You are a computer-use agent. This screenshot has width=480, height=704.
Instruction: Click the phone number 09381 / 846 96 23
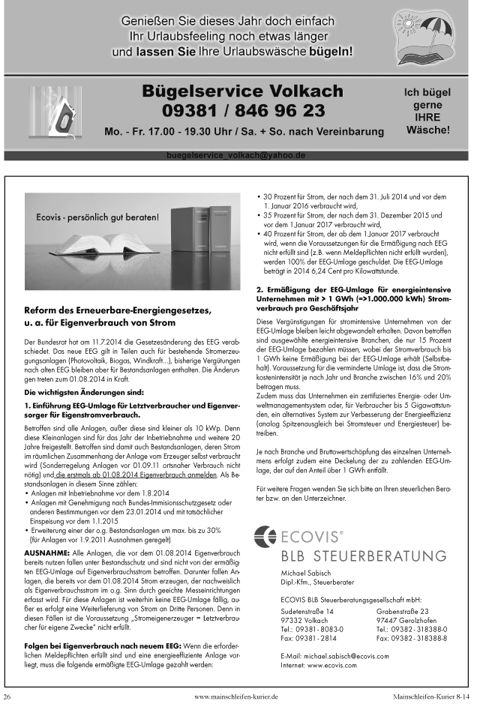point(243,111)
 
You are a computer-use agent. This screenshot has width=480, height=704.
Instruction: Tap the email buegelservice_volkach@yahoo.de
point(236,155)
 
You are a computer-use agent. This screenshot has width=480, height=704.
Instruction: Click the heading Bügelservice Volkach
point(243,91)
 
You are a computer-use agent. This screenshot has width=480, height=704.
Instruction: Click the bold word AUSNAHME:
point(46,530)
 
